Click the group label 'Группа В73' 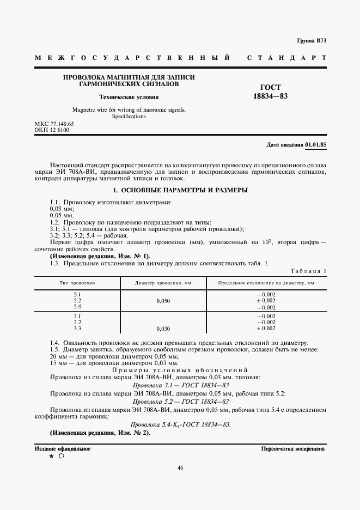click(311, 41)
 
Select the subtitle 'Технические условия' click(129, 98)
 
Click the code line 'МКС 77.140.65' click(54, 124)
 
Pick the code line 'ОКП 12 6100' click(52, 130)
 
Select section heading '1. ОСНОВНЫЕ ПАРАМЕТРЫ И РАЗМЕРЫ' click(180, 190)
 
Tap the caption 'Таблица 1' click(309, 271)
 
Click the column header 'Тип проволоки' click(77, 283)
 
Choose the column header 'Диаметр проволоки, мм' click(162, 283)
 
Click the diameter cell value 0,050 click(163, 301)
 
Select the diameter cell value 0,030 click(163, 329)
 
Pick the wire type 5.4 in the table click(77, 307)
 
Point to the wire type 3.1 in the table click(77, 316)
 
